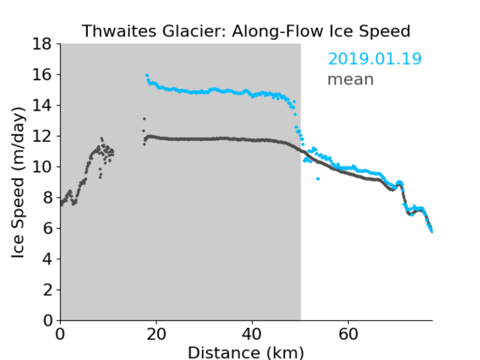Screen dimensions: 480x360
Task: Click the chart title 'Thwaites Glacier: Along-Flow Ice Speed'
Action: (x=246, y=31)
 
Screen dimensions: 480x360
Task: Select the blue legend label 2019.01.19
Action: (x=374, y=59)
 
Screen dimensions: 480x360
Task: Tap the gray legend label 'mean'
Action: (x=351, y=79)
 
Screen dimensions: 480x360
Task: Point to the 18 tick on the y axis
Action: (x=41, y=44)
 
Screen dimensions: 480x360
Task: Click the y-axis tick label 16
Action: (x=41, y=74)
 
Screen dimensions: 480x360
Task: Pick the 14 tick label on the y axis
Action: (x=41, y=106)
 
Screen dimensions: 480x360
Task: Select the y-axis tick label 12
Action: (x=41, y=136)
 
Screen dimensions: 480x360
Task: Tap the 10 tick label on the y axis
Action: (x=41, y=166)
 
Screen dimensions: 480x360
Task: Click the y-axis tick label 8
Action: (x=47, y=198)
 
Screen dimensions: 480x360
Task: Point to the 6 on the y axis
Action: (x=47, y=228)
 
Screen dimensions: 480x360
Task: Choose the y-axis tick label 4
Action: (x=47, y=259)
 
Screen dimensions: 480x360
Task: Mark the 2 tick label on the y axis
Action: (x=47, y=290)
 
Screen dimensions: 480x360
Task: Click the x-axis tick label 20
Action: (x=156, y=334)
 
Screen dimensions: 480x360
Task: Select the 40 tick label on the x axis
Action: (x=252, y=334)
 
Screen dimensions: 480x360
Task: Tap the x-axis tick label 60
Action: (x=348, y=334)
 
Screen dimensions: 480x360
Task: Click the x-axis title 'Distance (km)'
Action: (x=246, y=352)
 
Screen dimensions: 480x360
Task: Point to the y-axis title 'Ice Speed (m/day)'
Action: (x=18, y=183)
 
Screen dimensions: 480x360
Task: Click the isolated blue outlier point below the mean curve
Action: (x=318, y=179)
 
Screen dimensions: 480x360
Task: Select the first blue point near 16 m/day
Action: (x=147, y=75)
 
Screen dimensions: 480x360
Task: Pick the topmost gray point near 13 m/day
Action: (x=145, y=119)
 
